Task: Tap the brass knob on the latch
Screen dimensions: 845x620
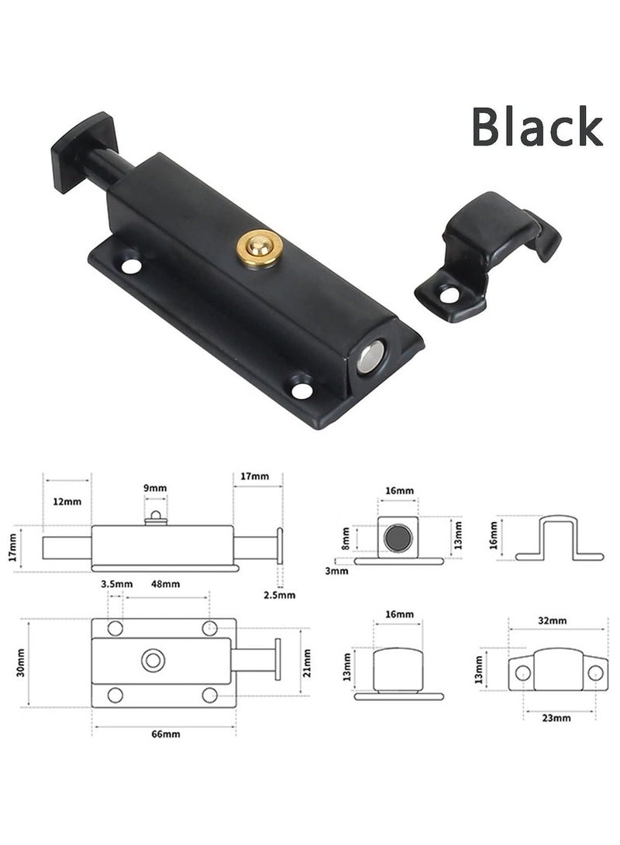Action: [259, 247]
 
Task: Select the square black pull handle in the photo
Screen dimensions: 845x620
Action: [84, 150]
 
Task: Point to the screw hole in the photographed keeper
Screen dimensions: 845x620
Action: [449, 295]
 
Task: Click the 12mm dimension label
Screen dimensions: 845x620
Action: [67, 501]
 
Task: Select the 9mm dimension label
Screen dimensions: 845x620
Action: [155, 487]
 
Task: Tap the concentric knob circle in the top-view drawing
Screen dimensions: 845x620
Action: [153, 661]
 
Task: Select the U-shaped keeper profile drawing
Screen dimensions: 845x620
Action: [559, 538]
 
